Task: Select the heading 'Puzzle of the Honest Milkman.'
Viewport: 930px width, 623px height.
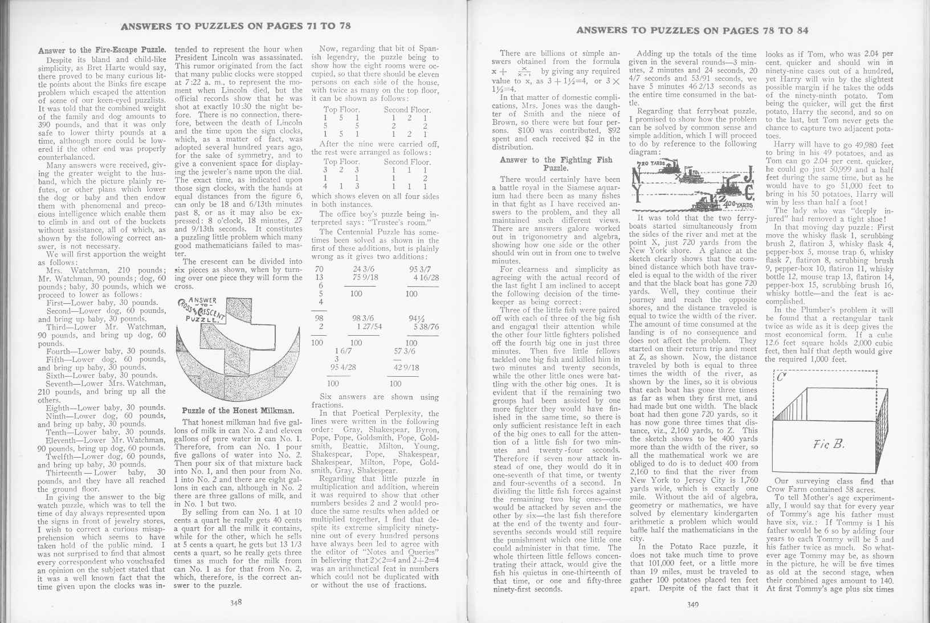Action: point(238,410)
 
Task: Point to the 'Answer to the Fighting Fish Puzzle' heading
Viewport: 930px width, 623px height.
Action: point(556,164)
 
